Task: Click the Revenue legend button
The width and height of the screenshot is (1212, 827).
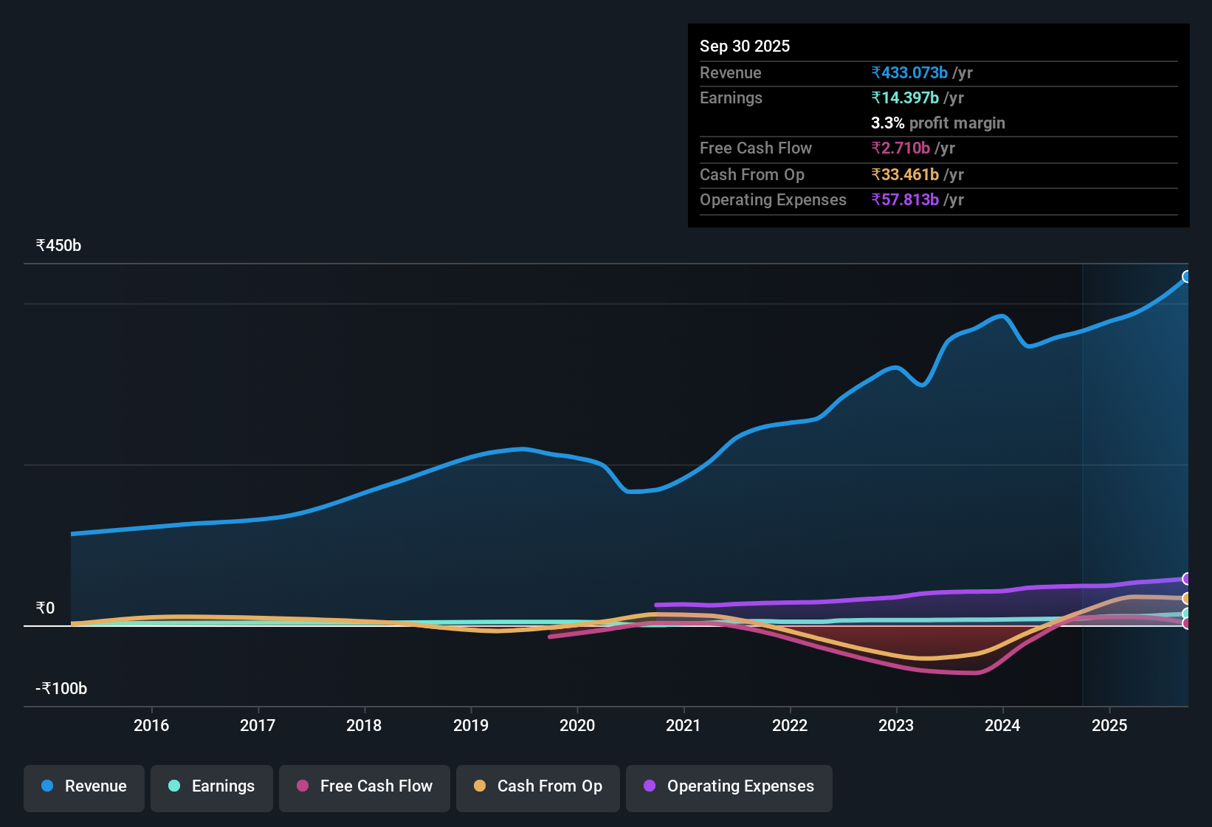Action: coord(83,786)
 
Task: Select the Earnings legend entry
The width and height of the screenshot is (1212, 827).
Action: coord(211,786)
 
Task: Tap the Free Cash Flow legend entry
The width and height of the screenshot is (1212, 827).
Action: coord(364,786)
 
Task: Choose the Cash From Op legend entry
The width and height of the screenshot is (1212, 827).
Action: coord(537,786)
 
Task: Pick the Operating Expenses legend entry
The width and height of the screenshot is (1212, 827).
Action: coord(729,786)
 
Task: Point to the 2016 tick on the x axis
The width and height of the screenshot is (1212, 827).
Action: coord(151,725)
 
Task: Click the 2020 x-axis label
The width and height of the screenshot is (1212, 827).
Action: coord(577,725)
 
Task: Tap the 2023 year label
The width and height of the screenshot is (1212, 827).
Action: coord(896,725)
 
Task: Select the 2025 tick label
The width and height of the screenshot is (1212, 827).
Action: coord(1109,725)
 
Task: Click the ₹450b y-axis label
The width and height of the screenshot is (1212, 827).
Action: coord(58,246)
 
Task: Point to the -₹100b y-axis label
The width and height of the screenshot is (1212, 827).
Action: coord(61,689)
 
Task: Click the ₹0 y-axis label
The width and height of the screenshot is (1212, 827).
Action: coord(45,608)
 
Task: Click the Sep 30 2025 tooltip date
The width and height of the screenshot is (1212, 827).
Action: coord(745,47)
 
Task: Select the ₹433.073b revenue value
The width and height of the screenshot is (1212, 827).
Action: coord(909,73)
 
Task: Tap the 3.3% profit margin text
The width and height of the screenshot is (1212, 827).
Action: coord(937,123)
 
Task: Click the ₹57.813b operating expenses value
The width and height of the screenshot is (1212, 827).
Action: coord(905,200)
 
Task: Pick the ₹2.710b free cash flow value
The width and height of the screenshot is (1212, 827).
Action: coord(901,148)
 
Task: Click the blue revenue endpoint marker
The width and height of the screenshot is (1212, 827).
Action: coord(1186,277)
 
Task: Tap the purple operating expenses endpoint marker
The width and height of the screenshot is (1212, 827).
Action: coord(1186,579)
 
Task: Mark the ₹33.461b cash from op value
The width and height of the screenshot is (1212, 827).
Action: coord(905,175)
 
